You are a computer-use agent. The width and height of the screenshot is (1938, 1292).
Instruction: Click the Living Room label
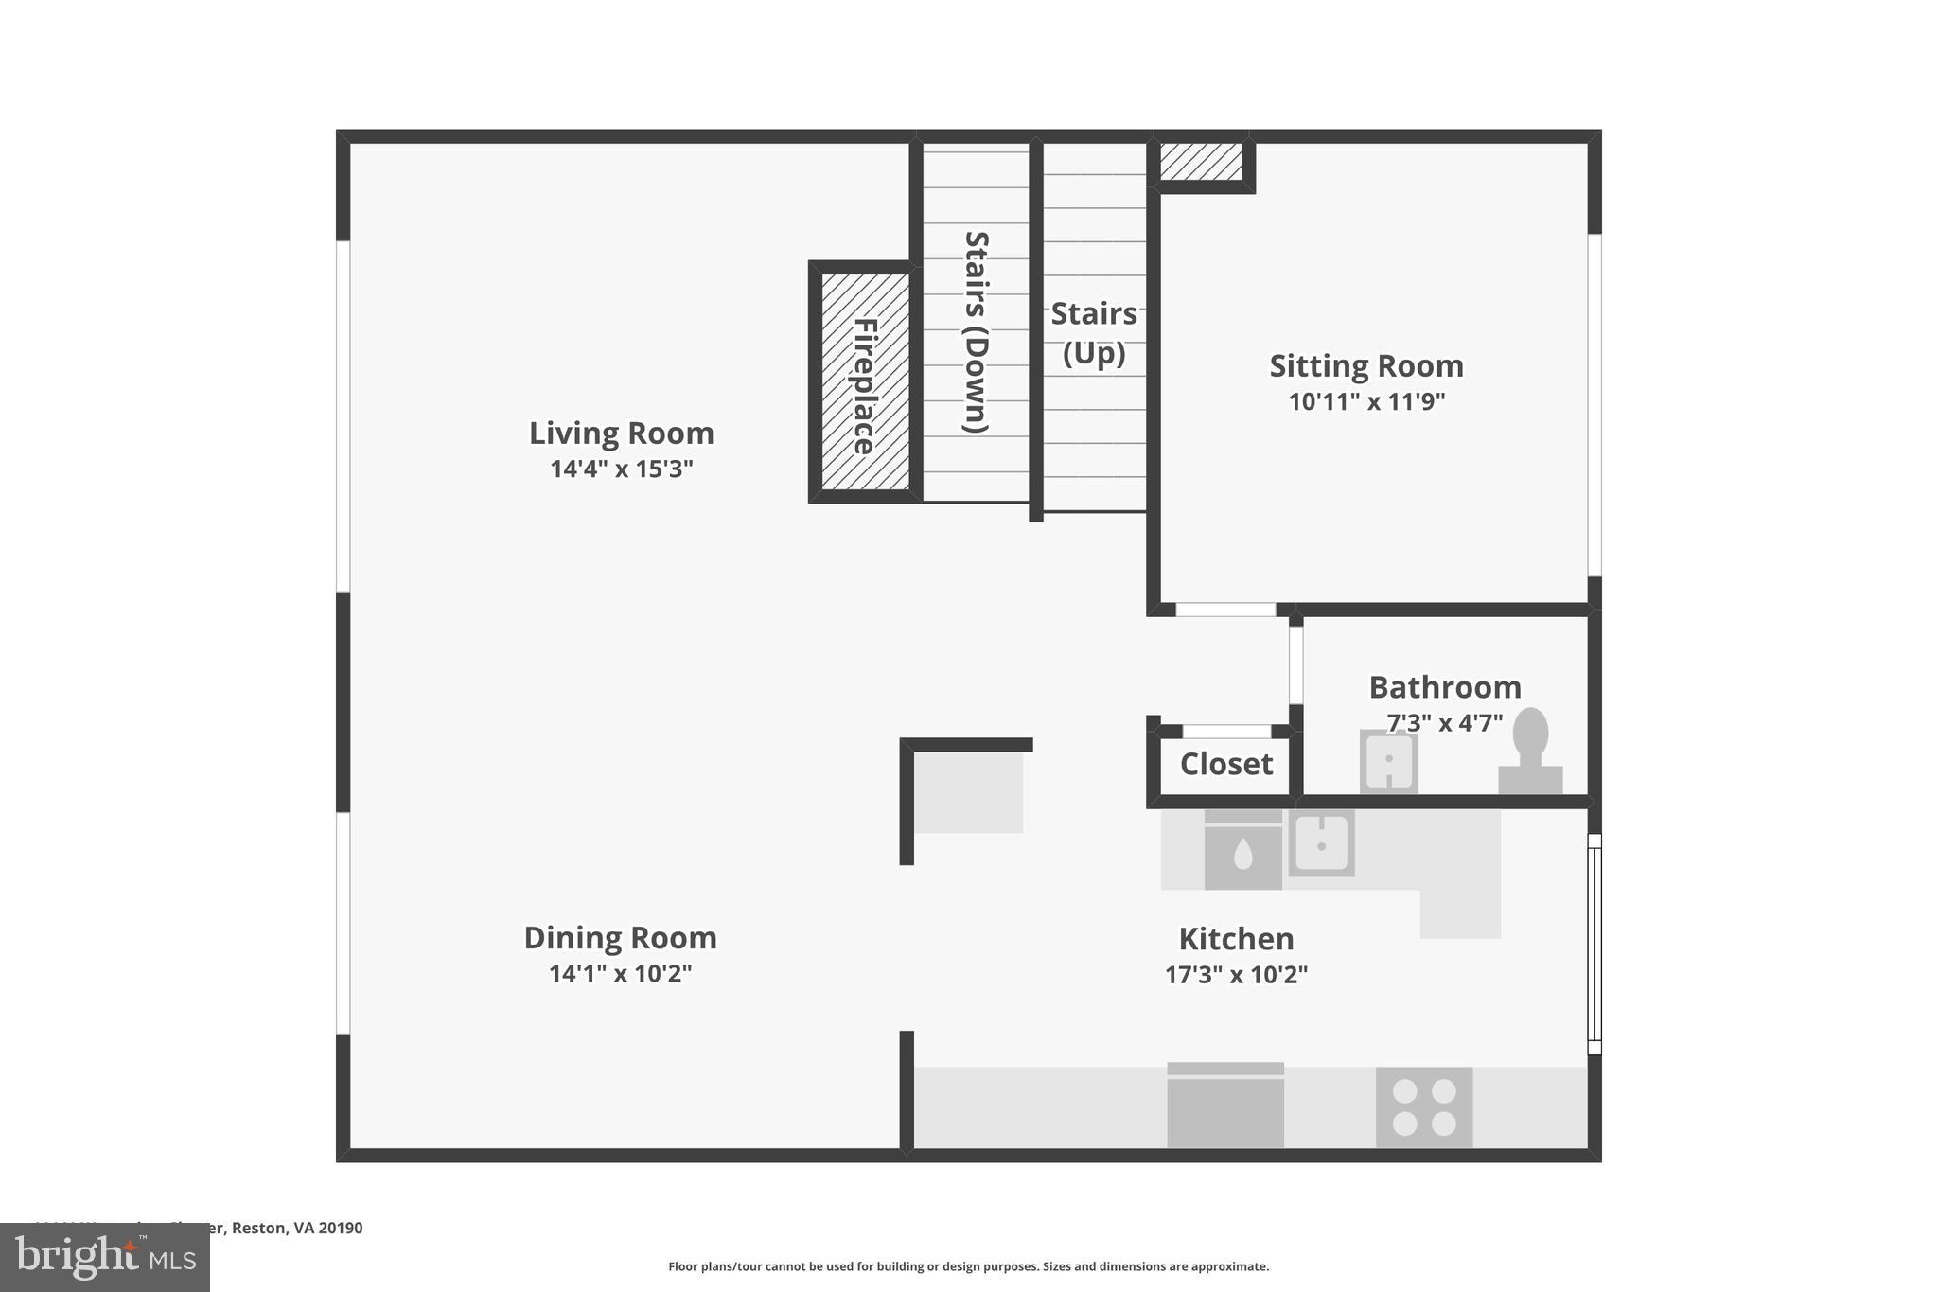click(x=621, y=434)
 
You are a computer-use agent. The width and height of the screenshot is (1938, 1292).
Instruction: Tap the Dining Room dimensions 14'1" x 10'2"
click(x=620, y=974)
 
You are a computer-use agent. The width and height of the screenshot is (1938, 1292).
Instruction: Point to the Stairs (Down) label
click(x=976, y=332)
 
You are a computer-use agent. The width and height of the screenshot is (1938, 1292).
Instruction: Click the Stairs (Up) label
click(x=1094, y=332)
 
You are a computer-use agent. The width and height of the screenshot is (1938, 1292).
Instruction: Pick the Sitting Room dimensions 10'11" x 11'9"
click(x=1366, y=401)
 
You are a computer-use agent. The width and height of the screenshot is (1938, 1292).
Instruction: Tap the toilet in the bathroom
click(x=1530, y=752)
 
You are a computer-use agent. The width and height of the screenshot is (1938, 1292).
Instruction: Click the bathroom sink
click(x=1388, y=760)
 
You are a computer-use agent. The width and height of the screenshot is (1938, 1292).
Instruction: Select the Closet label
click(x=1226, y=764)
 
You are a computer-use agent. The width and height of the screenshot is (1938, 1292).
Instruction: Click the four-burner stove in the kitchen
click(x=1424, y=1107)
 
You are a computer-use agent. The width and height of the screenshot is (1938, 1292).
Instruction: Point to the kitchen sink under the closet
click(x=1322, y=842)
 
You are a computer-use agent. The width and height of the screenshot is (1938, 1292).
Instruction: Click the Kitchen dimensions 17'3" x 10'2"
click(x=1236, y=975)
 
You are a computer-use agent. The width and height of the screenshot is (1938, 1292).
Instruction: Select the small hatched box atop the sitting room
click(x=1201, y=162)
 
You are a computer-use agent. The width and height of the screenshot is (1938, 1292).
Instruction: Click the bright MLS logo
click(x=105, y=1257)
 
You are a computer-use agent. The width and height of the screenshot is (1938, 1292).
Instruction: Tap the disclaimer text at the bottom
click(x=968, y=1266)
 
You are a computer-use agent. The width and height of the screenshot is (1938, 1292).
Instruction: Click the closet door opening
click(x=1226, y=732)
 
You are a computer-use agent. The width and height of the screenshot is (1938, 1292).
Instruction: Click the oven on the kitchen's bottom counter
click(x=1225, y=1106)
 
